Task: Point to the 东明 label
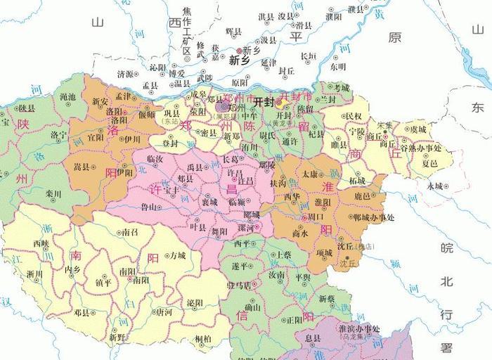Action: coord(337,67)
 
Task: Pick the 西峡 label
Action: coord(41,243)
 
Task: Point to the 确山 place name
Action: coord(252,307)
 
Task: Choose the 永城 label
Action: coord(434,186)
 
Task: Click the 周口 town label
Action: coord(307,219)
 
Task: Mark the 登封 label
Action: coord(170,143)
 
